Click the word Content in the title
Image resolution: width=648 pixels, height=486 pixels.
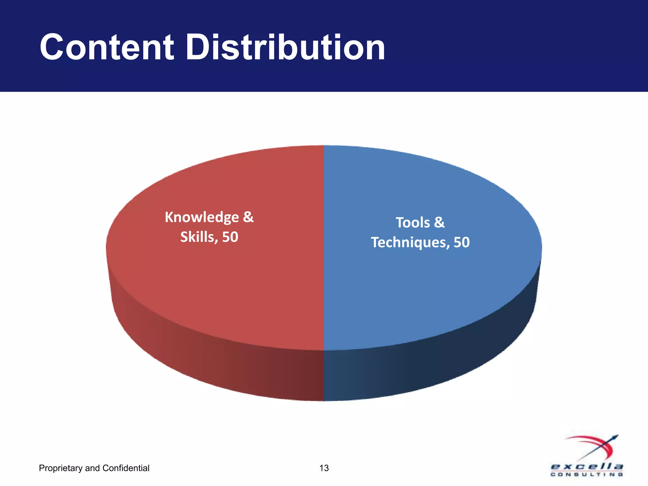click(x=107, y=47)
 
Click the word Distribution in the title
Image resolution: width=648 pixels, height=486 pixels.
click(x=285, y=47)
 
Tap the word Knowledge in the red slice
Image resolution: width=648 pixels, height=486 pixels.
click(x=202, y=218)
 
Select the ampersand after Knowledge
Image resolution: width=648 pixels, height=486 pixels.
click(x=248, y=217)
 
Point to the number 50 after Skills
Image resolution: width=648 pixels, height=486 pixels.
click(x=230, y=237)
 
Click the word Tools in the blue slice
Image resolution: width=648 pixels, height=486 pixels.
click(x=413, y=223)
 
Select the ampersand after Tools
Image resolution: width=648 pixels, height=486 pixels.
click(x=439, y=222)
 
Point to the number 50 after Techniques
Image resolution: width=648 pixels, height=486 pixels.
click(x=462, y=242)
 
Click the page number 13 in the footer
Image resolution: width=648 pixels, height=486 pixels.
click(x=324, y=468)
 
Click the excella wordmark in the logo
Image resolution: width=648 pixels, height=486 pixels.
click(x=587, y=467)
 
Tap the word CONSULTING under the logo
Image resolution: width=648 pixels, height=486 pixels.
click(x=587, y=474)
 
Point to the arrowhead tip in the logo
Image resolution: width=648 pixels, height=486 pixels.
click(x=617, y=436)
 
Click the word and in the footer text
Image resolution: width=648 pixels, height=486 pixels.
click(x=92, y=468)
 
